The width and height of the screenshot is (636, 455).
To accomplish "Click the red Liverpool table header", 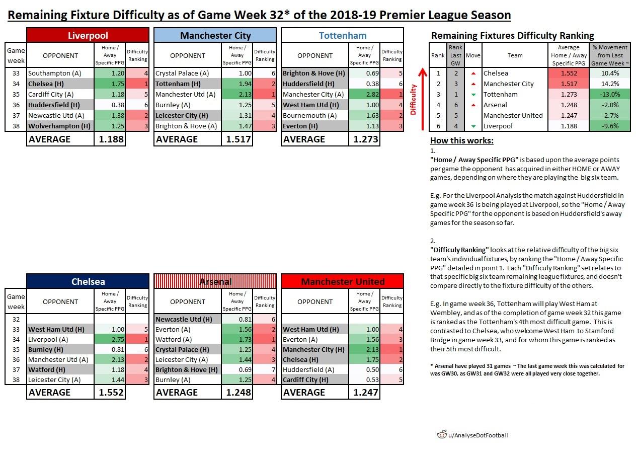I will coord(88,35).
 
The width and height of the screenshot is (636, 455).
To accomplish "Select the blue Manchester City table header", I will coord(215,35).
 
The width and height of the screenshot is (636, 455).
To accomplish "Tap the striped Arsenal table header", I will coord(215,281).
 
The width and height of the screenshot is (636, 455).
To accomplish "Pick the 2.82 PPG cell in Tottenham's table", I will coord(364,94).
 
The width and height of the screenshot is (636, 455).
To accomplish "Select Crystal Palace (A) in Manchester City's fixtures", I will coord(182,73).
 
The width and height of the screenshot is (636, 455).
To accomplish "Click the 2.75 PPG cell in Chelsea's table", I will coord(110,340).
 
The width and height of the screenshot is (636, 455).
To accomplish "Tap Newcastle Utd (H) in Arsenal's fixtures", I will coord(184,320).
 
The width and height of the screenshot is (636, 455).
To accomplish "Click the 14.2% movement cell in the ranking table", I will coord(609,84).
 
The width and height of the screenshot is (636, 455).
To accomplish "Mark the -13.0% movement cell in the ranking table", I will coord(609,95).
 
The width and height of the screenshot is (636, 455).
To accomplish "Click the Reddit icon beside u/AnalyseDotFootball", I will coord(442,435).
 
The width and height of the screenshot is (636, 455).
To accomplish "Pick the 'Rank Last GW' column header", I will coord(456,55).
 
